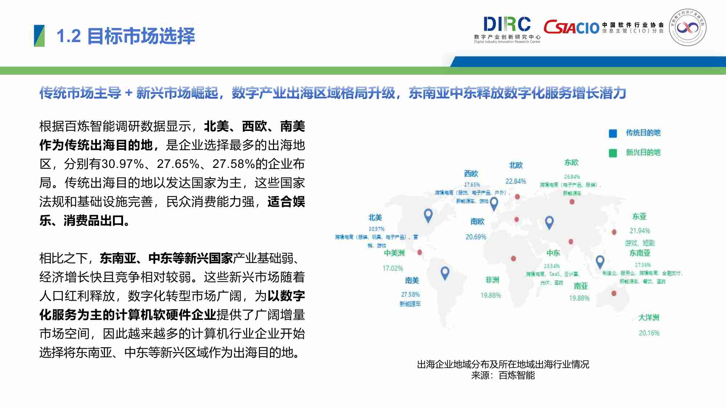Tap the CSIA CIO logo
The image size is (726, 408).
click(571, 27)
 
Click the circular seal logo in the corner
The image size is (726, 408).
click(688, 28)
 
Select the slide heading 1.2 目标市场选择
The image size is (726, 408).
click(126, 36)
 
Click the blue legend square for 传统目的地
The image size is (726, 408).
click(613, 133)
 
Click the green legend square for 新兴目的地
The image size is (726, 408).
click(613, 153)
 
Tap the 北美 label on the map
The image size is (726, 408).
click(375, 218)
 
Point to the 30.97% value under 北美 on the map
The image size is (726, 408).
click(376, 229)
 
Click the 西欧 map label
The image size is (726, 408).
click(471, 174)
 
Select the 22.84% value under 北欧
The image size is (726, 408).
click(515, 181)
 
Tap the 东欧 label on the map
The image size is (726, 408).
click(571, 162)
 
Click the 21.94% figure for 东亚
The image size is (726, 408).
click(640, 231)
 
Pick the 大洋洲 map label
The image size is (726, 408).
click(649, 318)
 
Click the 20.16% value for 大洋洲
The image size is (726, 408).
click(649, 333)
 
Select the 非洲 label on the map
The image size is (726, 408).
click(492, 280)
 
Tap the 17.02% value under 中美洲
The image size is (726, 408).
click(393, 268)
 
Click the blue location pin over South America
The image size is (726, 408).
click(445, 272)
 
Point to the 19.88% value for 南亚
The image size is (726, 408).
click(579, 298)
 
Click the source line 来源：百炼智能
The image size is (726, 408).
click(503, 375)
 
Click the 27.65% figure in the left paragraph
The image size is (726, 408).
click(178, 164)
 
